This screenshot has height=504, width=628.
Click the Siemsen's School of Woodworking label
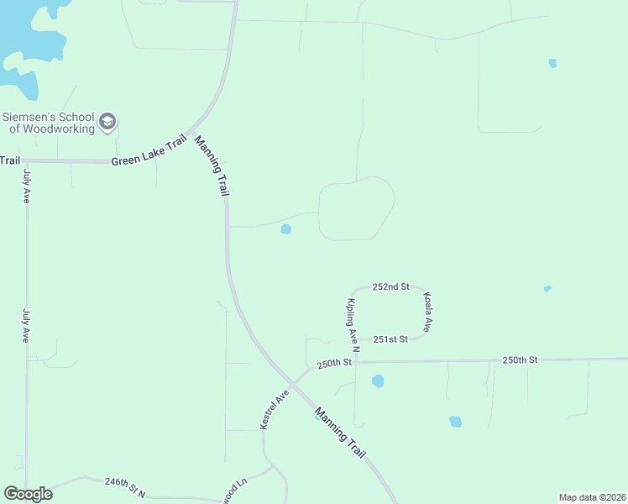click(x=48, y=123)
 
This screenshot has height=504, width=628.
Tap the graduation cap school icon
click(x=107, y=123)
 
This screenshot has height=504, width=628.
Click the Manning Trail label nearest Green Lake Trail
click(x=212, y=165)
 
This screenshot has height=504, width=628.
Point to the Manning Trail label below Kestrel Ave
click(x=340, y=433)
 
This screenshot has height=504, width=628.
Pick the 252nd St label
click(x=390, y=286)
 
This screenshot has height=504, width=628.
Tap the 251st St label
click(x=390, y=339)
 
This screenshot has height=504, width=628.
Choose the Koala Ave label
click(x=428, y=312)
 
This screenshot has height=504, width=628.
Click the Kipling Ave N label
click(x=353, y=324)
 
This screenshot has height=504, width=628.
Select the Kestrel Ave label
click(x=275, y=410)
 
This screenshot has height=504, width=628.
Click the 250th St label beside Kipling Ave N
click(x=333, y=364)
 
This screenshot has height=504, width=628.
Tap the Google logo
click(x=28, y=494)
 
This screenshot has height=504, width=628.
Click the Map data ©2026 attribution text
click(x=592, y=497)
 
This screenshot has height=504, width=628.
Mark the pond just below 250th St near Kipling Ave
click(x=378, y=381)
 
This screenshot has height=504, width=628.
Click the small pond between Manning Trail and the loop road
click(x=285, y=228)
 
